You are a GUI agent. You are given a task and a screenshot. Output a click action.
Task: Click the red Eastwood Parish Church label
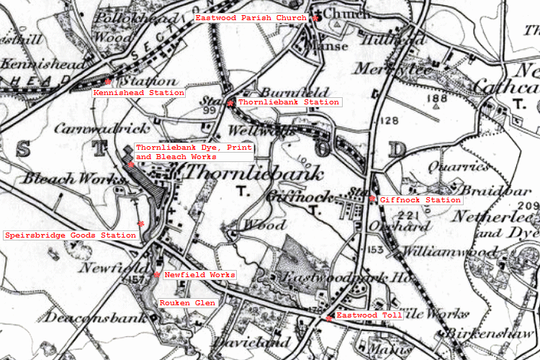[x=251, y=17]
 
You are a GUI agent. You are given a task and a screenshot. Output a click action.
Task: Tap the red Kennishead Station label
[x=138, y=93]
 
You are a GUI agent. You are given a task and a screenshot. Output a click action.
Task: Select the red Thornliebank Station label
[x=288, y=102]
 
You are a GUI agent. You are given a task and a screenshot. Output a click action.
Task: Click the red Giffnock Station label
[x=420, y=199]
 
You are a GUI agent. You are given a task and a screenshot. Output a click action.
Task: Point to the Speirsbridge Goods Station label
[x=71, y=235]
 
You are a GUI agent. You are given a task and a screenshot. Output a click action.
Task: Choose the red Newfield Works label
[x=199, y=275]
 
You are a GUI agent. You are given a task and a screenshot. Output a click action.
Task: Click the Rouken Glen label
[x=187, y=303]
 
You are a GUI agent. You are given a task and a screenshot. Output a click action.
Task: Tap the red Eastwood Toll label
[x=365, y=315]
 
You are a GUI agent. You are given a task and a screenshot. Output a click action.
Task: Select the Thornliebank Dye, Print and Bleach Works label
[x=192, y=152]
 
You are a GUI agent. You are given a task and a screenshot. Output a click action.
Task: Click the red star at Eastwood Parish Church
[x=315, y=18]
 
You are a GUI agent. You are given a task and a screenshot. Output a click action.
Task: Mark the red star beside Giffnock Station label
[x=372, y=199]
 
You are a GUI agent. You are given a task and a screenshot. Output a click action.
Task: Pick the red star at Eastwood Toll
[x=329, y=318]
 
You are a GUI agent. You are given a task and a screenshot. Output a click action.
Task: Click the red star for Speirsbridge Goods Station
[x=141, y=225]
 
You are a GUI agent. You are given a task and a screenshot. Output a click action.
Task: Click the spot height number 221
[x=413, y=215]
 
